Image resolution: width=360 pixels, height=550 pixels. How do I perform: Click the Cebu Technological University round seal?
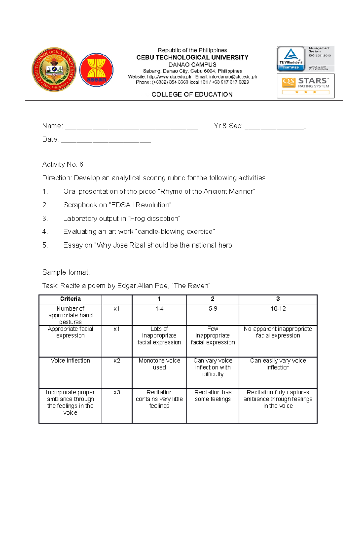(x=54, y=70)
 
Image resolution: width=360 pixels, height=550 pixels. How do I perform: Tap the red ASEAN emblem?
(x=96, y=70)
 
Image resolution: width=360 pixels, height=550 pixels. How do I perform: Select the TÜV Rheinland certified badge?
(x=291, y=58)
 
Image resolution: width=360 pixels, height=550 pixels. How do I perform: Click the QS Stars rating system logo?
(x=306, y=86)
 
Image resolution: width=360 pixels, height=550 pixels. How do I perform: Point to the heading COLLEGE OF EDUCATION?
(x=192, y=94)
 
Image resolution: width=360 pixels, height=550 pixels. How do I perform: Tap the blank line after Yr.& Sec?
(x=275, y=127)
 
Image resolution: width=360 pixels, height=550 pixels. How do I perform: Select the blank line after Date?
(x=106, y=141)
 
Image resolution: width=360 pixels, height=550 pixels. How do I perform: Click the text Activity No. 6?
(x=63, y=164)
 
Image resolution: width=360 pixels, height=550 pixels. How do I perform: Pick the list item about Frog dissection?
(x=121, y=219)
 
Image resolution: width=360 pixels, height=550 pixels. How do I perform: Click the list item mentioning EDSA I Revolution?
(x=117, y=205)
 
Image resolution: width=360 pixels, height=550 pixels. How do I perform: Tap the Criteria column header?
(x=70, y=299)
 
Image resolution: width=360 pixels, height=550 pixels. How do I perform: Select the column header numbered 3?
(x=278, y=299)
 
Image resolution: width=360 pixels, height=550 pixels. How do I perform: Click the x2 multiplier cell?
(x=117, y=361)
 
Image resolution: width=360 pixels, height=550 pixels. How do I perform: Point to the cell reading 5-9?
(x=213, y=309)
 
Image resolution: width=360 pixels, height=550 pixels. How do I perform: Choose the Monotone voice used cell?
(x=159, y=364)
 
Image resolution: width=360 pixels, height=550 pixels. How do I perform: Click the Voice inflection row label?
(x=70, y=361)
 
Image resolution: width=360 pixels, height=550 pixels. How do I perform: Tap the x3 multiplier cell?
(x=117, y=392)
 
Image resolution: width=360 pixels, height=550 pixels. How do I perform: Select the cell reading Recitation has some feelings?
(x=213, y=396)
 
